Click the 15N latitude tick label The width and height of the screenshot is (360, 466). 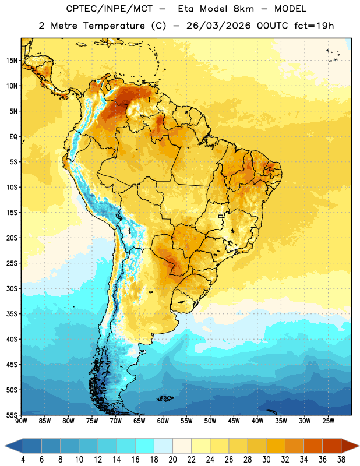click(12, 61)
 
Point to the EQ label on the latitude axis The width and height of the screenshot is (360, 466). click(13, 137)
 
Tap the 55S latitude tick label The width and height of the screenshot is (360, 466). click(12, 415)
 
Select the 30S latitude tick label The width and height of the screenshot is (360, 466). click(12, 288)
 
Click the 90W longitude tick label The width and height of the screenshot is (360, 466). click(21, 421)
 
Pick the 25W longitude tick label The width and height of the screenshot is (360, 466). click(328, 421)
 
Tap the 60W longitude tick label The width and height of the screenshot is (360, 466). click(163, 421)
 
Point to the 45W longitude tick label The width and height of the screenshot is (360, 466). click(234, 421)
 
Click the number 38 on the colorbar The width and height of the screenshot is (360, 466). click(341, 460)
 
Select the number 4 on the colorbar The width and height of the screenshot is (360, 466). click(23, 460)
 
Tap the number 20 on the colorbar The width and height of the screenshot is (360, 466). click(172, 460)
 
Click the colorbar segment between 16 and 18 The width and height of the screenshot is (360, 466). click(144, 446)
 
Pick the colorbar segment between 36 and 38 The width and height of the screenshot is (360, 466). click(332, 446)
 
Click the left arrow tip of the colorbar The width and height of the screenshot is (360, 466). click(5, 446)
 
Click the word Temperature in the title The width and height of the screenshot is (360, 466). click(114, 26)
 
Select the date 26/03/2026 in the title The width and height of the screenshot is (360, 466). click(218, 26)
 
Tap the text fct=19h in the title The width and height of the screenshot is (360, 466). click(314, 26)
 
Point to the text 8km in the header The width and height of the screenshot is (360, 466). click(243, 9)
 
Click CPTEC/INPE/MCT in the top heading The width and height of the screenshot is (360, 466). click(110, 9)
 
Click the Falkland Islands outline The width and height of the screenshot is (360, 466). click(165, 398)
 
